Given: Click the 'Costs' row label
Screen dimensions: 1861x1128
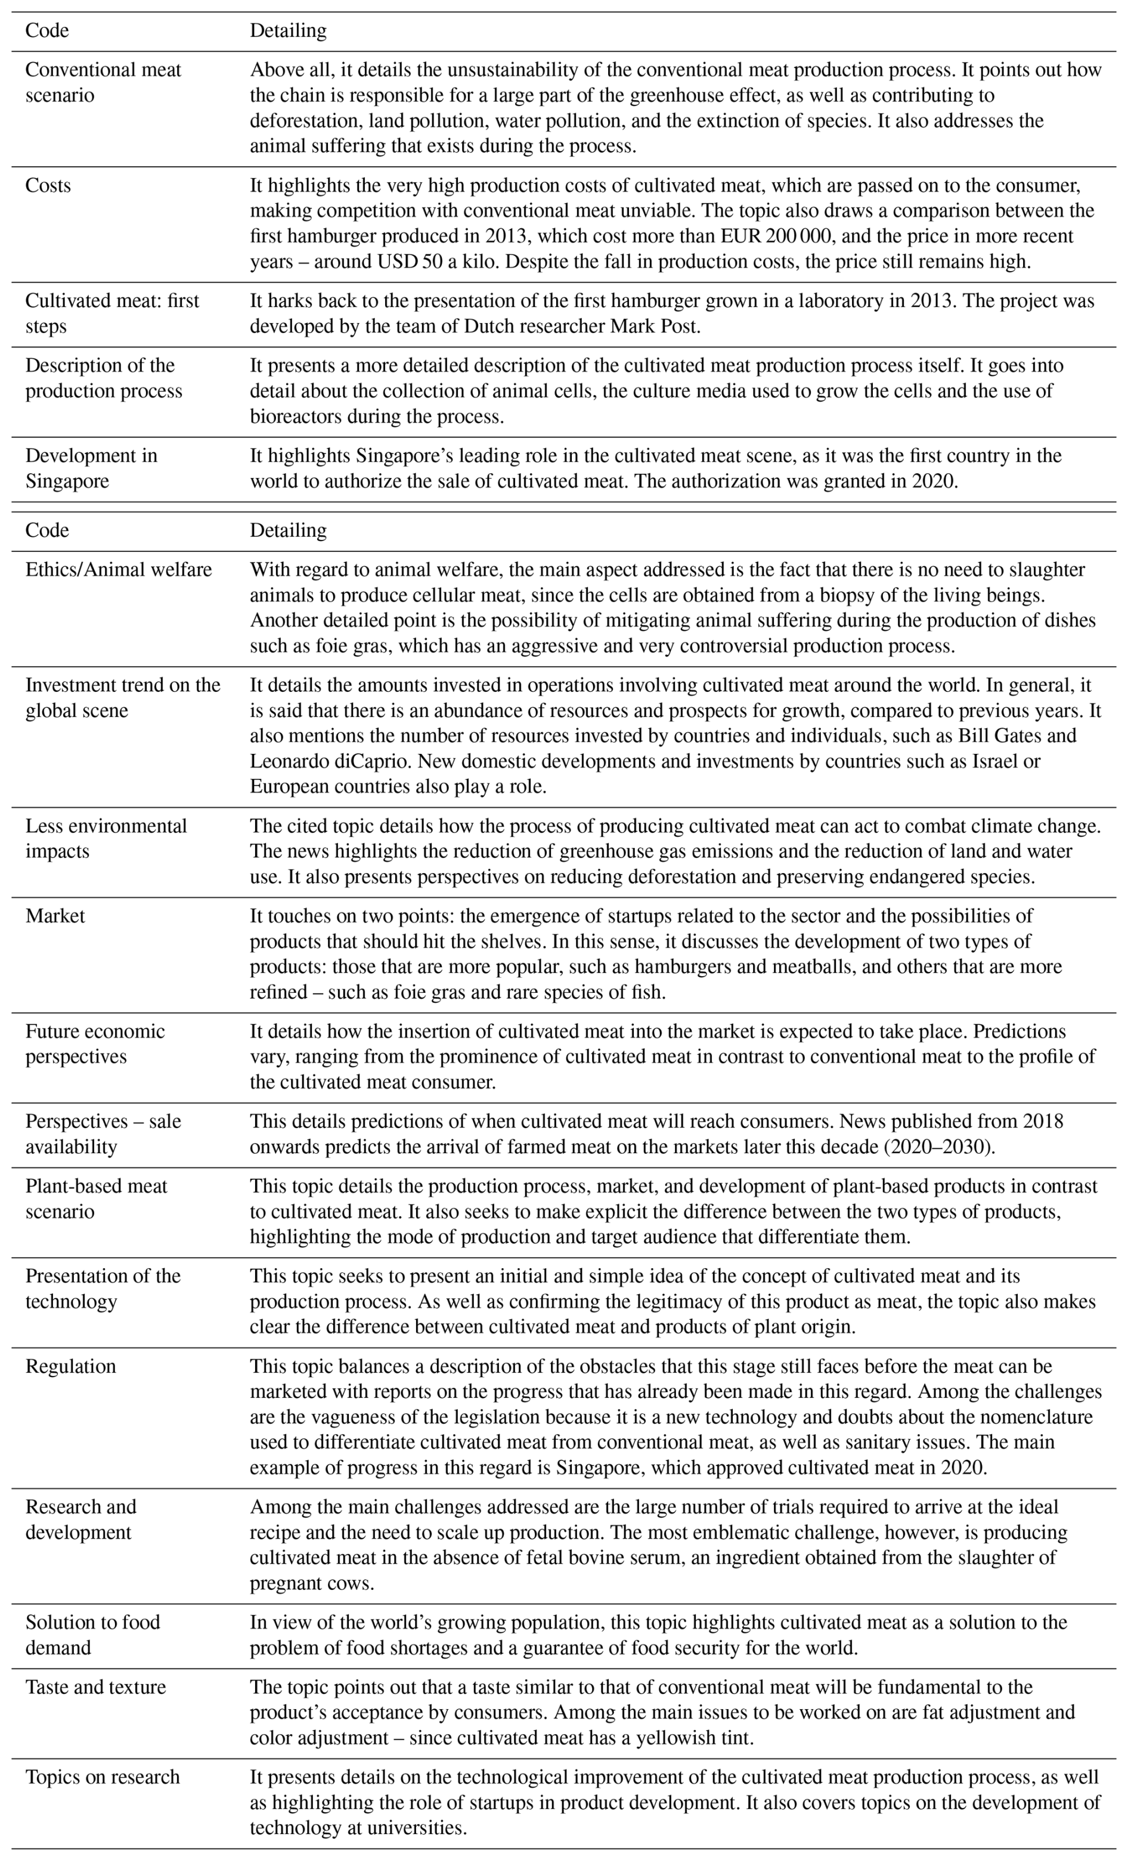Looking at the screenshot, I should click(x=48, y=186).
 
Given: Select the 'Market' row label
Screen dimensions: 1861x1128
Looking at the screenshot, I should click(x=55, y=916).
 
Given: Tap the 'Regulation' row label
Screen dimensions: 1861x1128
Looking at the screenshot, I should click(x=70, y=1366).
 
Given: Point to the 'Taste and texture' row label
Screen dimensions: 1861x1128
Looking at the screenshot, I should click(x=95, y=1687).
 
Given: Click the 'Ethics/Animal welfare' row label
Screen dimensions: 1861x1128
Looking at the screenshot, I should click(x=119, y=570).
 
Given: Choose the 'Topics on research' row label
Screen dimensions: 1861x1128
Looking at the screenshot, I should click(x=103, y=1777).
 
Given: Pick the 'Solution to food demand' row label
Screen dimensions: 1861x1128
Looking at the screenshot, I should click(x=92, y=1635).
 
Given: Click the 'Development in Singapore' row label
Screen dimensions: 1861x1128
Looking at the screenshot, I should click(x=91, y=468).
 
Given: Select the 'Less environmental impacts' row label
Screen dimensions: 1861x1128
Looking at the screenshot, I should click(x=106, y=838).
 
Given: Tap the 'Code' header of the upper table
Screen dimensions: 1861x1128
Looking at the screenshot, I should click(x=47, y=31).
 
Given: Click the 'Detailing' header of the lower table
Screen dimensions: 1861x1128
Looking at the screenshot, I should click(x=288, y=530).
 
